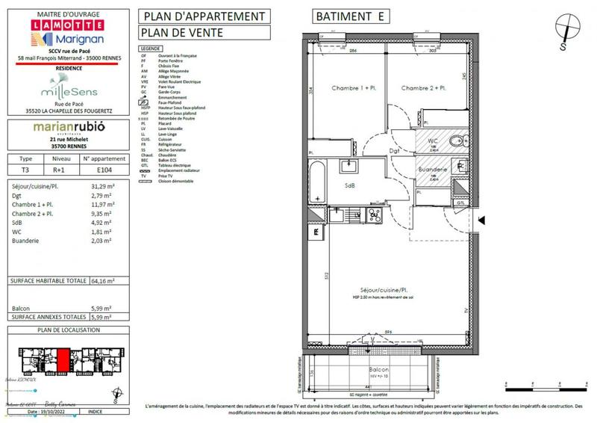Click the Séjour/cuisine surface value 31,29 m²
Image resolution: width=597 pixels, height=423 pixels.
click(101, 185)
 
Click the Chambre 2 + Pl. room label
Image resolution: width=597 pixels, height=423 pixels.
click(423, 88)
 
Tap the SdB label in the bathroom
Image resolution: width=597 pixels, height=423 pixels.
click(349, 185)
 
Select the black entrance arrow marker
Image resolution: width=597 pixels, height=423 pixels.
click(482, 220)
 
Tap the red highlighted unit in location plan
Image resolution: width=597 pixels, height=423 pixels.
click(63, 359)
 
